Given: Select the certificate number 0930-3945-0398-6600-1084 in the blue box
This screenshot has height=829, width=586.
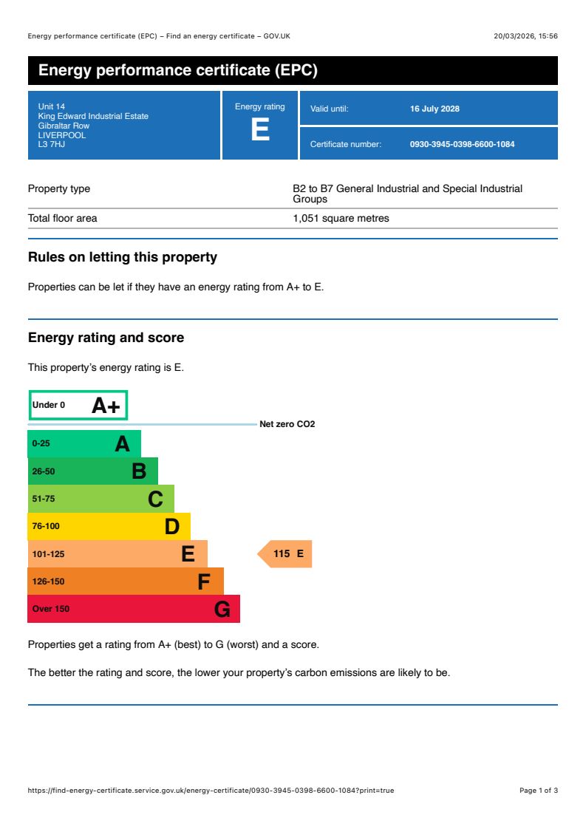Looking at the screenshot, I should tap(462, 144).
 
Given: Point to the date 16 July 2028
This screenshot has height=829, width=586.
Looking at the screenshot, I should tap(435, 109).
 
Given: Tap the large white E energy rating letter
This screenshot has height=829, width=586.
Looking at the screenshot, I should tap(260, 130).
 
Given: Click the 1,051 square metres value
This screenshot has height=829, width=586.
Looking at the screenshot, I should tap(341, 218).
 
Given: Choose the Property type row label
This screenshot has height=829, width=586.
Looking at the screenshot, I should tap(59, 188).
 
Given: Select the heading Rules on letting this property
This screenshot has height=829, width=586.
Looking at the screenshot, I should tap(123, 257).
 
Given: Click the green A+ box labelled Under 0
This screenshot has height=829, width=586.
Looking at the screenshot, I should tap(78, 405).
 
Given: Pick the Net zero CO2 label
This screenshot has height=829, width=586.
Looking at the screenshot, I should tap(287, 424).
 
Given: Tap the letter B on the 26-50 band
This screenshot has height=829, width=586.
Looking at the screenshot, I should tap(139, 471).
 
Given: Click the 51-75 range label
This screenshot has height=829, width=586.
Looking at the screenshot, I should tap(44, 499).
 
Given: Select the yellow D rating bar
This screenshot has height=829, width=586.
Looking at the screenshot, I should tap(109, 526).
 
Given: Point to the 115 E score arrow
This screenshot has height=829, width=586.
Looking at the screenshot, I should tap(287, 553).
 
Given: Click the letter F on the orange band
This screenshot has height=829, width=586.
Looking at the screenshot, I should tap(204, 582).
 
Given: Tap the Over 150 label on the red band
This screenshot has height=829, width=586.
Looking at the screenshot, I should tap(51, 609).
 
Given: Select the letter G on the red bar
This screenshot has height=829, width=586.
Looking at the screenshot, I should tap(222, 610).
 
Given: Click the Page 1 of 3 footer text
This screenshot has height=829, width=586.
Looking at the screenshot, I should tap(539, 791).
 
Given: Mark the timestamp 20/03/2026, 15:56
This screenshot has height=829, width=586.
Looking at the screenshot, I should tap(525, 36).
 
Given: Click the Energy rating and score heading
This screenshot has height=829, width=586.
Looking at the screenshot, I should tap(106, 338).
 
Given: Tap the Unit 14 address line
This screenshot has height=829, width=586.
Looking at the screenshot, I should tap(52, 106).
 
